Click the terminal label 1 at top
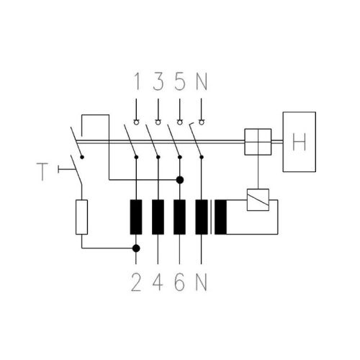pos(137,81)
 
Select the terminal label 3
pos(158,81)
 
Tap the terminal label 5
pos(180,81)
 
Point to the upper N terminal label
pos(202,81)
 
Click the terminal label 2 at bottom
pos(136,282)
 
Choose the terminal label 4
pos(158,282)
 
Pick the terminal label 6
pos(180,282)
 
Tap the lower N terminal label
pos(202,282)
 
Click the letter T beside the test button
pos(42,172)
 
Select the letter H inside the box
pos(300,142)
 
